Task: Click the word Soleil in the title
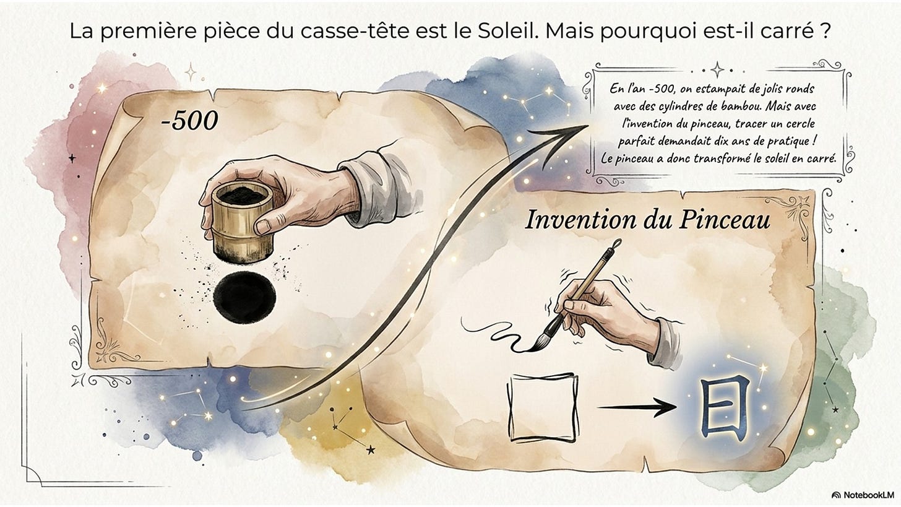pyautogui.click(x=507, y=32)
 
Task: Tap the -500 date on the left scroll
pyautogui.click(x=189, y=120)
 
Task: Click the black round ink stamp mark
pyautogui.click(x=244, y=297)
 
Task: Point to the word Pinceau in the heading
pyautogui.click(x=724, y=220)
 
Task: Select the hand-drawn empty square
pyautogui.click(x=543, y=407)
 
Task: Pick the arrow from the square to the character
pyautogui.click(x=637, y=407)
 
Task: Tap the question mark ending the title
pyautogui.click(x=826, y=32)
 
